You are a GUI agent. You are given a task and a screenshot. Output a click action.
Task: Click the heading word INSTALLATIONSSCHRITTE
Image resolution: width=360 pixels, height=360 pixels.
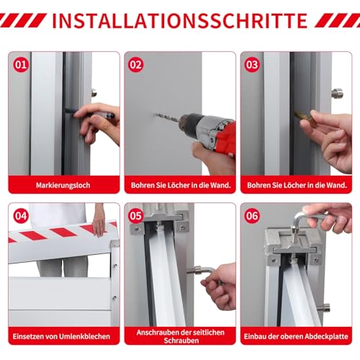pyautogui.click(x=180, y=21)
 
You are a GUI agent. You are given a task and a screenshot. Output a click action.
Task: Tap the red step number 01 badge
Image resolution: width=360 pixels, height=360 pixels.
pyautogui.click(x=21, y=65)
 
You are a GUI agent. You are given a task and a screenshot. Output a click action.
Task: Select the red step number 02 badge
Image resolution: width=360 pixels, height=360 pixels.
pyautogui.click(x=136, y=65)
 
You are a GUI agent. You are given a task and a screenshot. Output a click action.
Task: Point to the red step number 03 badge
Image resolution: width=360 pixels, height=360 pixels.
pyautogui.click(x=252, y=65)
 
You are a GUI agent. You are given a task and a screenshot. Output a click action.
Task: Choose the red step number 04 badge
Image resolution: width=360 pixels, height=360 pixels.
pyautogui.click(x=21, y=216)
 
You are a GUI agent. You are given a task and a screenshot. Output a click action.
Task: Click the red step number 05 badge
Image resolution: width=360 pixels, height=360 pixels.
pyautogui.click(x=136, y=216)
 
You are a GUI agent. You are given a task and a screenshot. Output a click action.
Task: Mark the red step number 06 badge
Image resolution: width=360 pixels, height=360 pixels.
pyautogui.click(x=252, y=216)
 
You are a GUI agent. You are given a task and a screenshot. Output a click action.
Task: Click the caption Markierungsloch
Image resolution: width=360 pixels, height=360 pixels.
pyautogui.click(x=63, y=185)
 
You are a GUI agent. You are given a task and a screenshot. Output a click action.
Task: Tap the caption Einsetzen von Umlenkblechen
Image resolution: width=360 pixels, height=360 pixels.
pyautogui.click(x=61, y=336)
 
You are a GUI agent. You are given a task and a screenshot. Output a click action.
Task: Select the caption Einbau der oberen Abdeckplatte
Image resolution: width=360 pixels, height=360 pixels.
pyautogui.click(x=296, y=336)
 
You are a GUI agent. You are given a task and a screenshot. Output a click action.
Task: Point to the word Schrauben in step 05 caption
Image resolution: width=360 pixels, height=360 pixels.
pyautogui.click(x=181, y=341)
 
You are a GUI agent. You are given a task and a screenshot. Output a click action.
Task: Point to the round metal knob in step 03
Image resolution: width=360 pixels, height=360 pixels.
pyautogui.click(x=337, y=93)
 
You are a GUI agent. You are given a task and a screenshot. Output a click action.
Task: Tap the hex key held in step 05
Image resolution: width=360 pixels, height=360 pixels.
pyautogui.click(x=204, y=271)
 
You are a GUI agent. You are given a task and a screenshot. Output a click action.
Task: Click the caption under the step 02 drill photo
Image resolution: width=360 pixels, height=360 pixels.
pyautogui.click(x=181, y=185)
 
